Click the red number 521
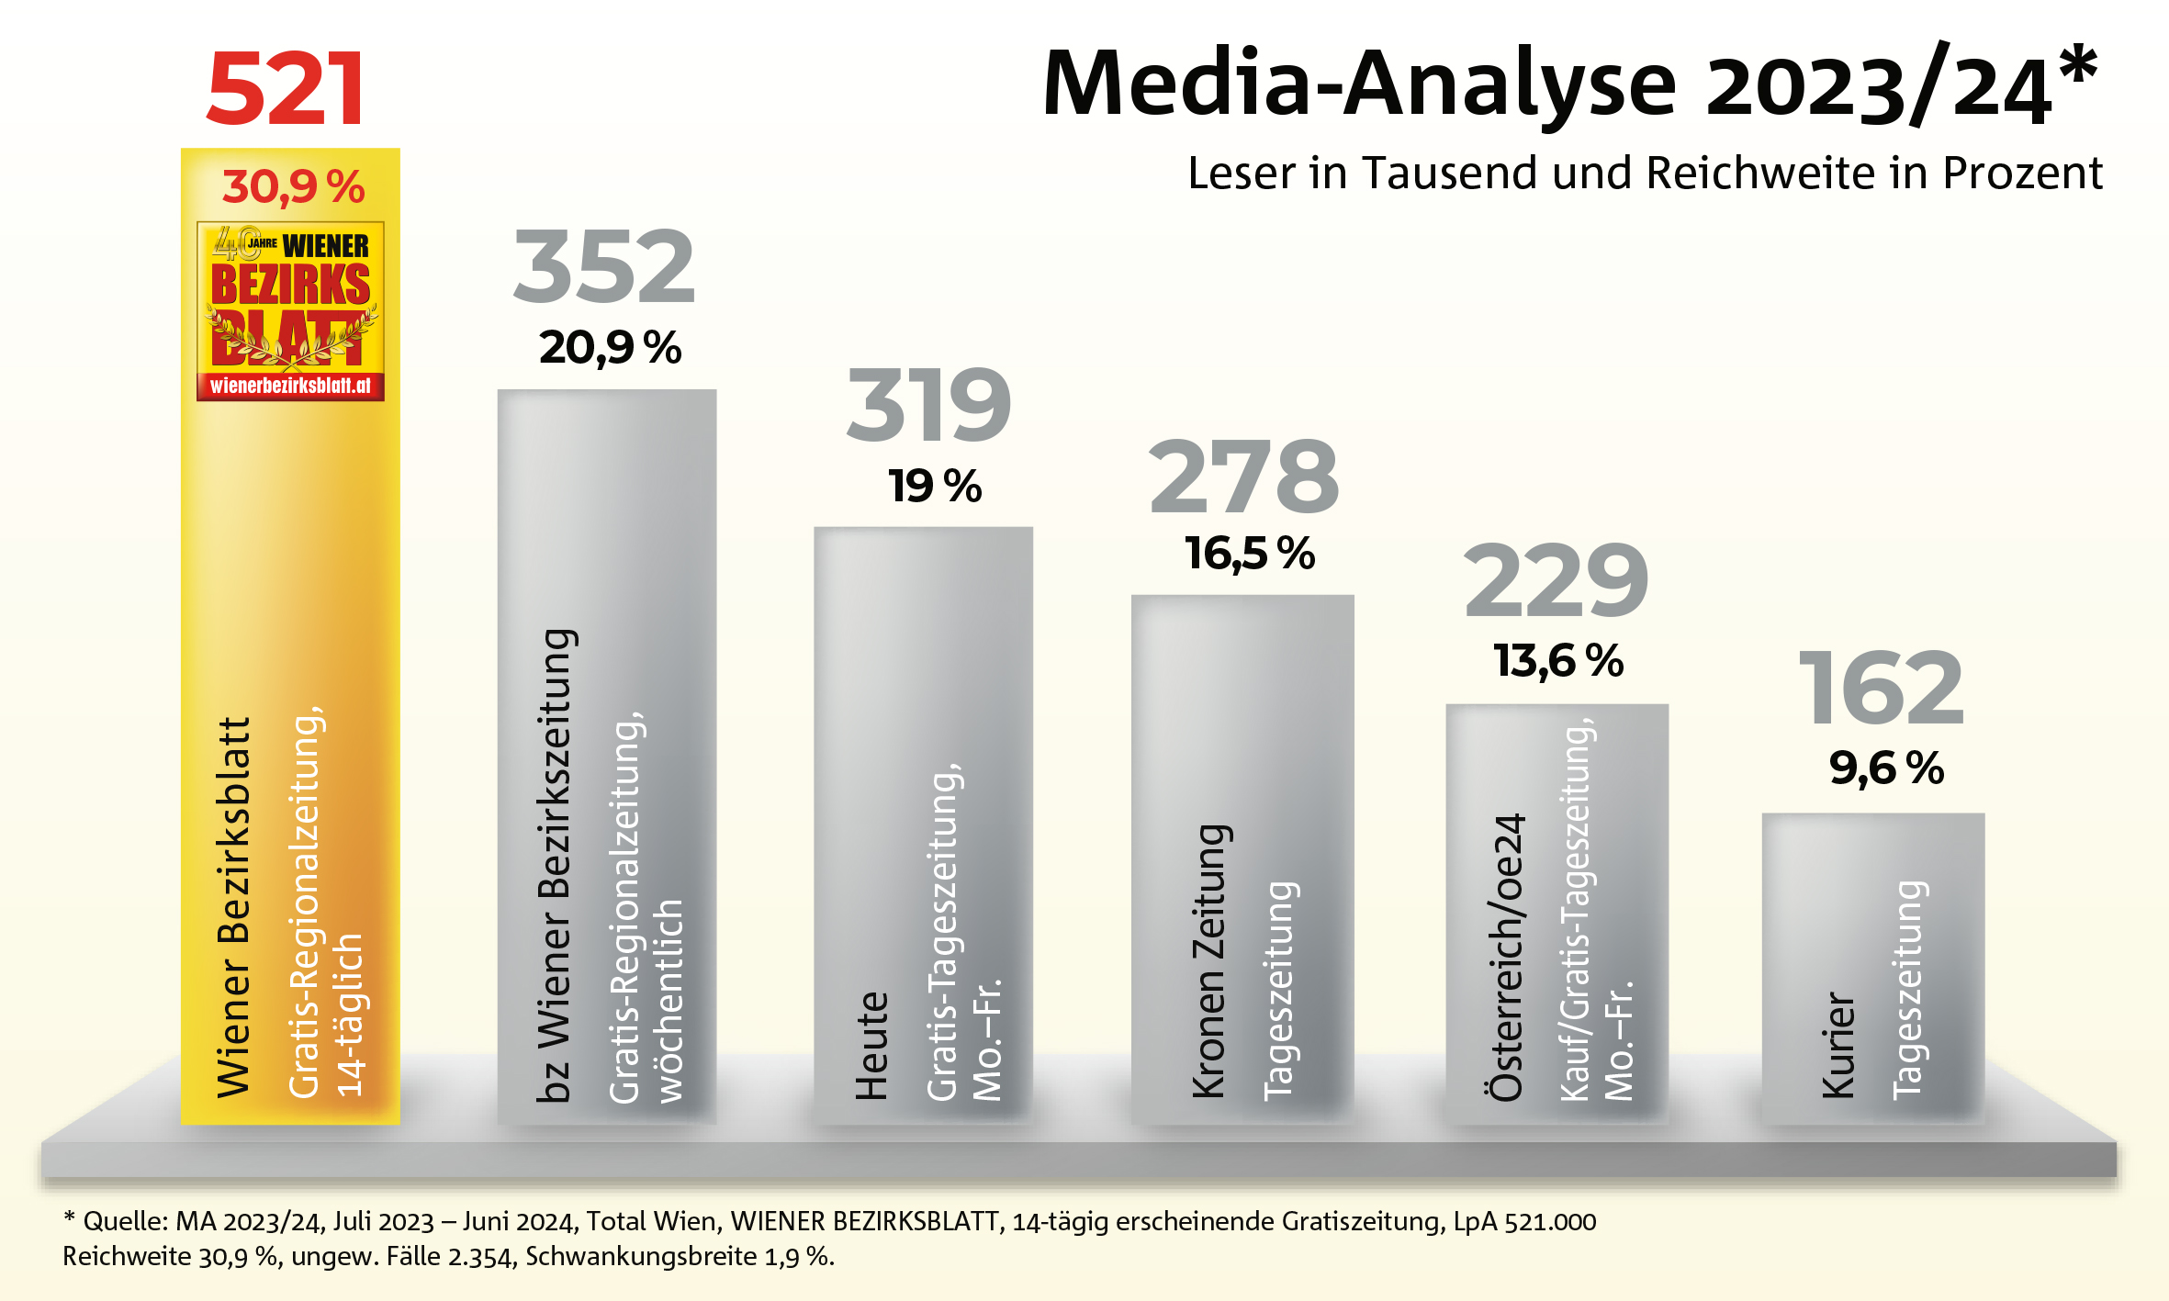pyautogui.click(x=286, y=89)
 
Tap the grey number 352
pyautogui.click(x=604, y=267)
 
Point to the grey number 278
pyautogui.click(x=1244, y=477)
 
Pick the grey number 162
pyautogui.click(x=1881, y=688)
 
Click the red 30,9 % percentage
pyautogui.click(x=293, y=187)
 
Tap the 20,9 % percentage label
pyautogui.click(x=610, y=348)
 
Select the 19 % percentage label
pyautogui.click(x=934, y=487)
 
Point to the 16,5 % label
pyautogui.click(x=1249, y=554)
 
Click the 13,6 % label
pyautogui.click(x=1558, y=661)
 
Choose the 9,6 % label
pyautogui.click(x=1886, y=768)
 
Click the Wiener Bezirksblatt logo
pyautogui.click(x=290, y=310)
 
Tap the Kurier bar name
pyautogui.click(x=1838, y=1045)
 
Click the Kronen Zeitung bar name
pyautogui.click(x=1209, y=960)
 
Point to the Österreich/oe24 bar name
pyautogui.click(x=1507, y=957)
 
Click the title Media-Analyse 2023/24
pyautogui.click(x=1569, y=85)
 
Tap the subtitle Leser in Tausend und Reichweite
pyautogui.click(x=1645, y=174)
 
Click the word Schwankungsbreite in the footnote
pyautogui.click(x=641, y=1256)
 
